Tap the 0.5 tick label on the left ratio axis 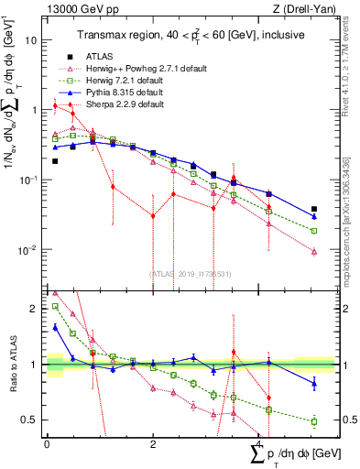pyautogui.click(x=29, y=420)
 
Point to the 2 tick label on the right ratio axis pyautogui.click(x=346, y=309)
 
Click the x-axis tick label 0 pyautogui.click(x=47, y=442)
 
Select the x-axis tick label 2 pyautogui.click(x=152, y=442)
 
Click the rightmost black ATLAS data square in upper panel pyautogui.click(x=314, y=210)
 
